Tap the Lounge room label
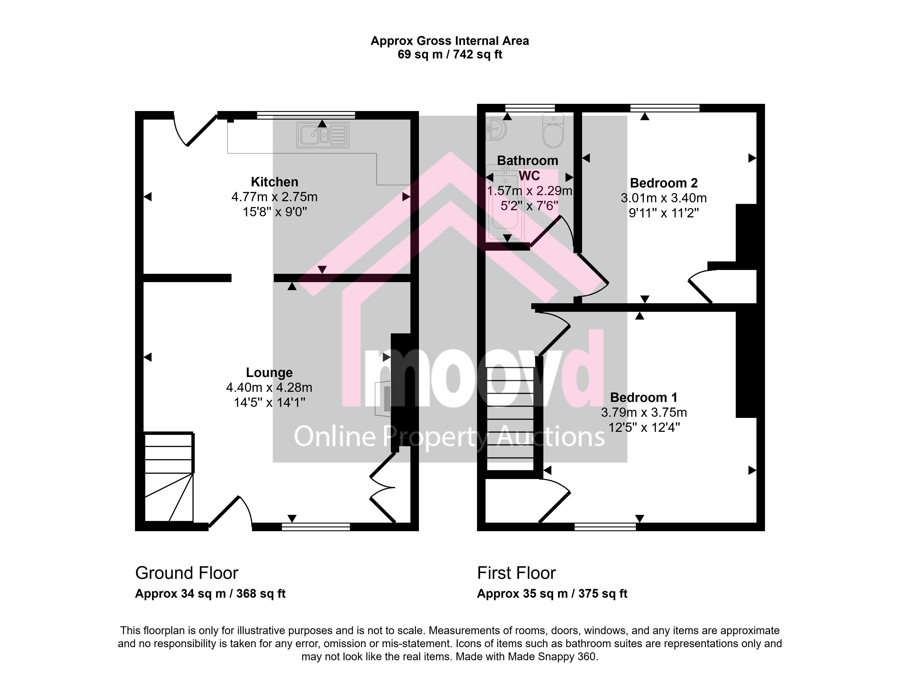coord(269,373)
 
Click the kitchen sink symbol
coord(323,135)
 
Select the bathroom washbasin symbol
coord(496,129)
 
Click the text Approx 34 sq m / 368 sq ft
coord(210,594)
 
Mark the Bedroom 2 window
coord(665,108)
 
